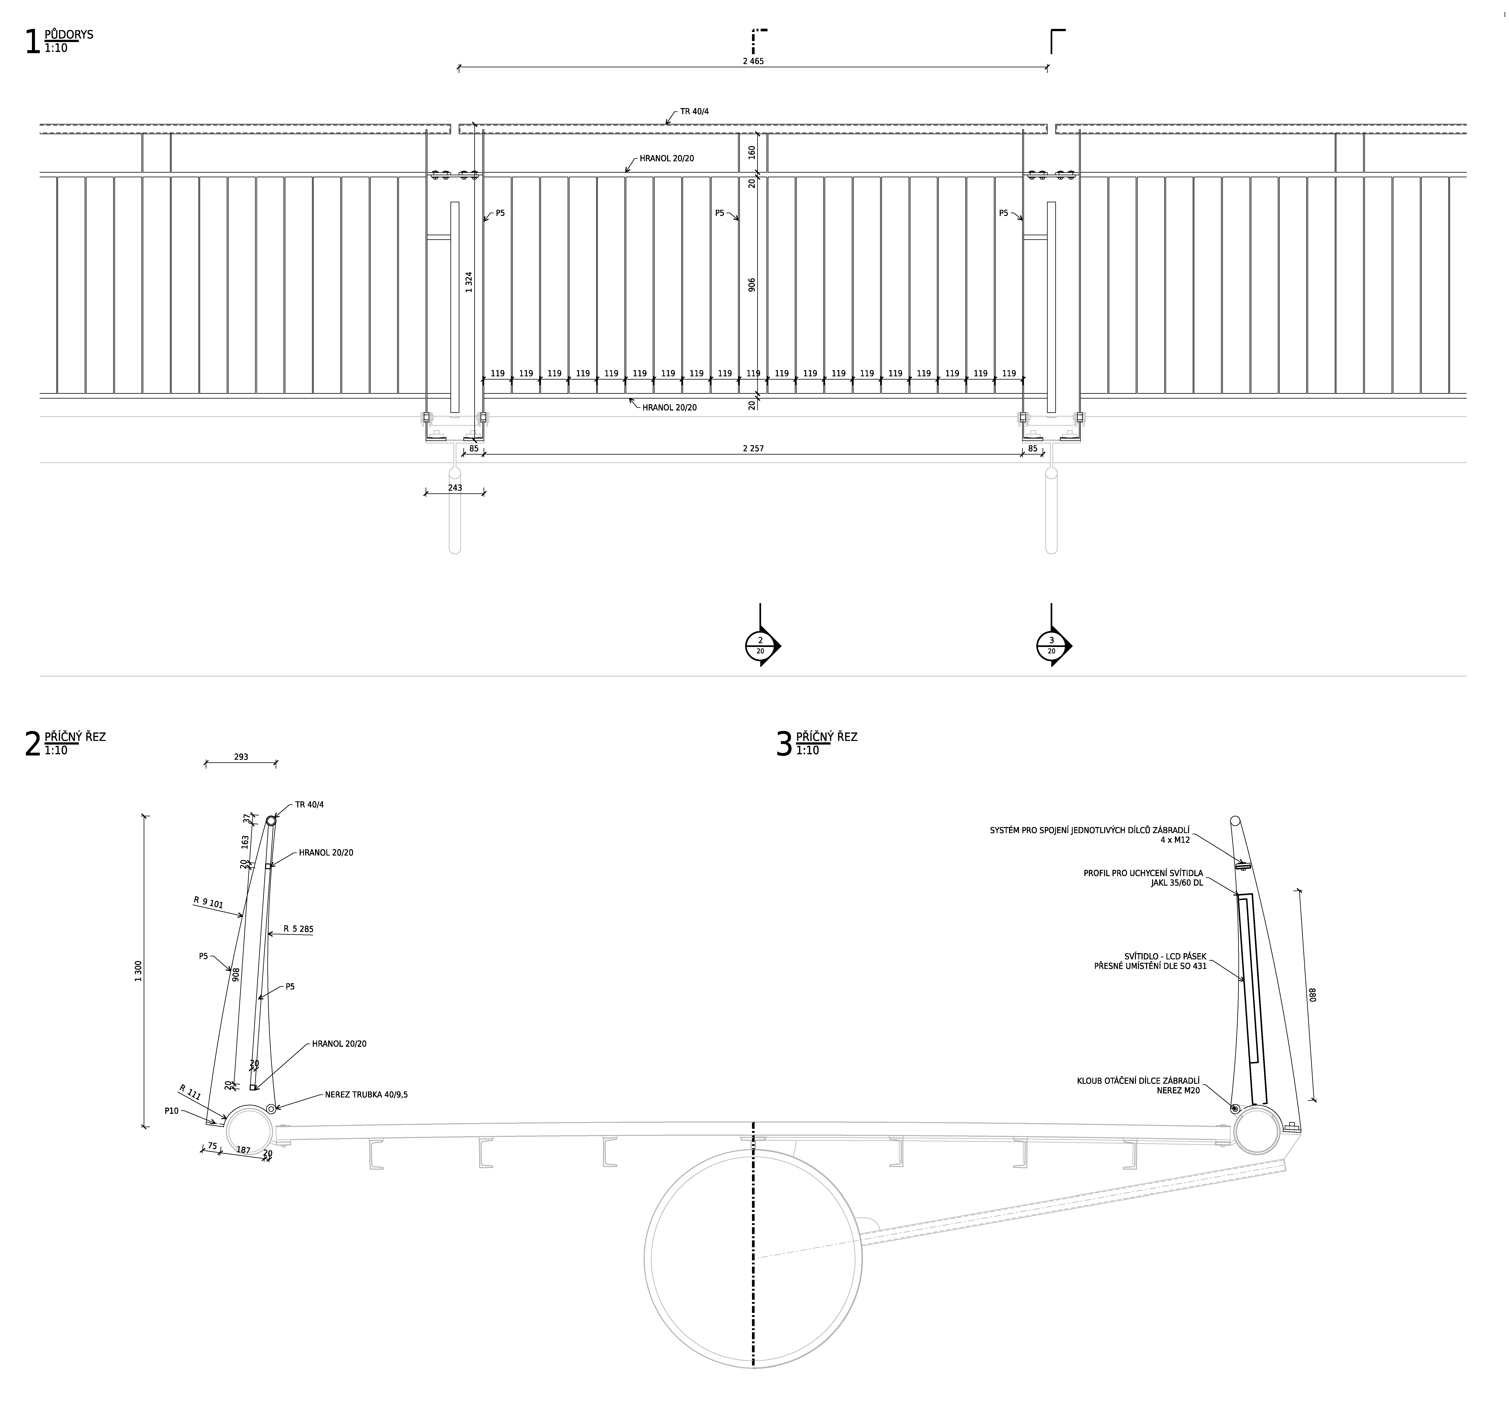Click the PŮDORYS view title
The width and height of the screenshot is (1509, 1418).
[x=69, y=34]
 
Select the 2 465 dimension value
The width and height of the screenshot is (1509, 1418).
[x=753, y=61]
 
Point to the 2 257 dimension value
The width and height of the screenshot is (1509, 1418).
[x=753, y=449]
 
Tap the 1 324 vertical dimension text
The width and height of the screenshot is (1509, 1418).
[x=469, y=283]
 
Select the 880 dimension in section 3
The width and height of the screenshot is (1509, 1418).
[x=1312, y=994]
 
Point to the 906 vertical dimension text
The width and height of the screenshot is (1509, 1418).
[x=752, y=285]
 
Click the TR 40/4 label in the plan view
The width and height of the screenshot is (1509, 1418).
[x=695, y=112]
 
